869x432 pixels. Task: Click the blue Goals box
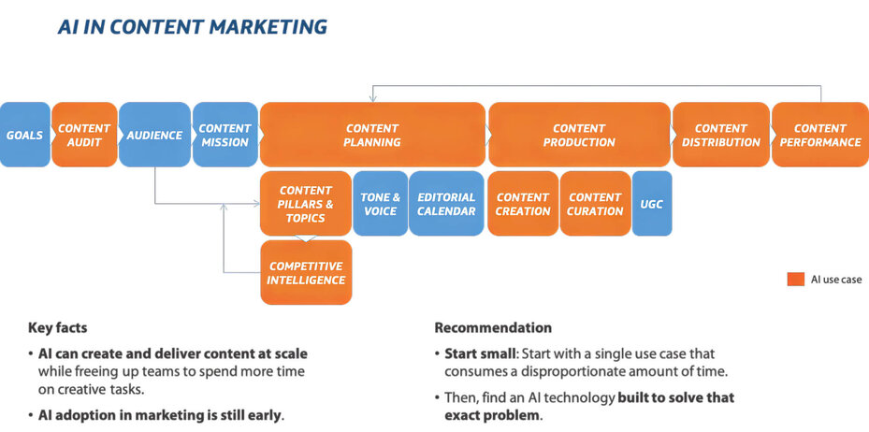[24, 135]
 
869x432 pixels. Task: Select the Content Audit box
[84, 135]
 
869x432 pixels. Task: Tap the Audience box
[154, 135]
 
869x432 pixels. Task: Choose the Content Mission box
[224, 135]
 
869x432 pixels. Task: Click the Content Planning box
[372, 135]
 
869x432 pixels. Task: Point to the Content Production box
[579, 135]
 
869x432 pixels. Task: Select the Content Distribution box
[720, 135]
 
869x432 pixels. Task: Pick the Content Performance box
[819, 135]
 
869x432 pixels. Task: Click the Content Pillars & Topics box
[306, 204]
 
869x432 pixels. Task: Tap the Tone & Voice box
[381, 204]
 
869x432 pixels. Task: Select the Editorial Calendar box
[446, 204]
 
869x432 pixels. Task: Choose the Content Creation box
[523, 204]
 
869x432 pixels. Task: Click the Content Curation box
[596, 204]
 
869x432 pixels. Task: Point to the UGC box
[652, 204]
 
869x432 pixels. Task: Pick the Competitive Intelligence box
[306, 273]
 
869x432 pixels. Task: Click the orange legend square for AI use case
[796, 279]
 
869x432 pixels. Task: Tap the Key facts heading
[58, 328]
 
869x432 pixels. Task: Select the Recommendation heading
[493, 328]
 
